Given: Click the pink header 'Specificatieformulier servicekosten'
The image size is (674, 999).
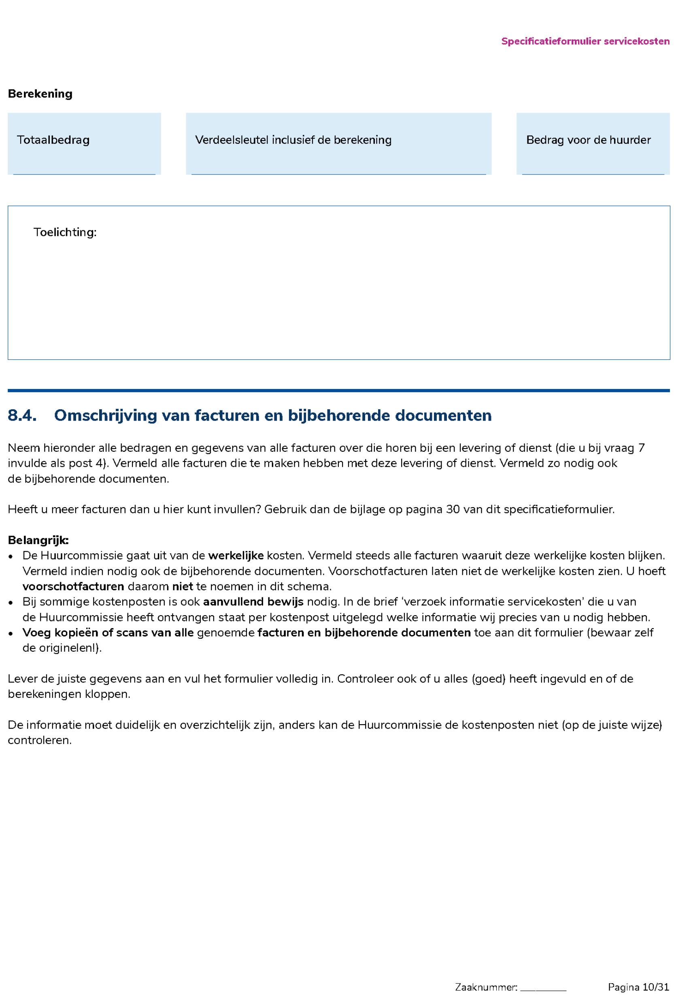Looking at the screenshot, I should pyautogui.click(x=585, y=41).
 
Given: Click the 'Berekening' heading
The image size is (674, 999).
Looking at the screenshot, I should pyautogui.click(x=40, y=94).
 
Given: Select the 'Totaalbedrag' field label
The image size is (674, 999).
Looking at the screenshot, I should pyautogui.click(x=53, y=140).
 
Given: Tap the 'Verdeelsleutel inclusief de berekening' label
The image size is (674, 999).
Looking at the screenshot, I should pyautogui.click(x=293, y=140).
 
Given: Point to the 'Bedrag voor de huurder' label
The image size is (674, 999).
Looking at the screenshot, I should pyautogui.click(x=589, y=140).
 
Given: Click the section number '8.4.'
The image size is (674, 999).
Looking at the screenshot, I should pyautogui.click(x=22, y=415).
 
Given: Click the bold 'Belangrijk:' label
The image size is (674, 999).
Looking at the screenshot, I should pyautogui.click(x=38, y=540).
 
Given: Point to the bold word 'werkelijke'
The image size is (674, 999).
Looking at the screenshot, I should pyautogui.click(x=236, y=555).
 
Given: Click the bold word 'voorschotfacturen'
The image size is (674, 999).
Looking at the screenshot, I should pyautogui.click(x=73, y=587).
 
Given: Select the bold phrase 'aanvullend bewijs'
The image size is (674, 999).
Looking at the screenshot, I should pyautogui.click(x=253, y=602).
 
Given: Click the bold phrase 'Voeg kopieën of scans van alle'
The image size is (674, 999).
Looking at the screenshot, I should pyautogui.click(x=108, y=633).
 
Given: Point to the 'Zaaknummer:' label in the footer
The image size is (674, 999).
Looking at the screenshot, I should pyautogui.click(x=486, y=987).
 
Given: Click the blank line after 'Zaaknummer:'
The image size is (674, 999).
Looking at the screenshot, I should pyautogui.click(x=543, y=988).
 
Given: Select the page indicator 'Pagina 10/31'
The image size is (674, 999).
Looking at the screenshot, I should pyautogui.click(x=638, y=987).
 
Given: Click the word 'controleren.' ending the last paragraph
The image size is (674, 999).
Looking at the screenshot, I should pyautogui.click(x=40, y=741).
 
